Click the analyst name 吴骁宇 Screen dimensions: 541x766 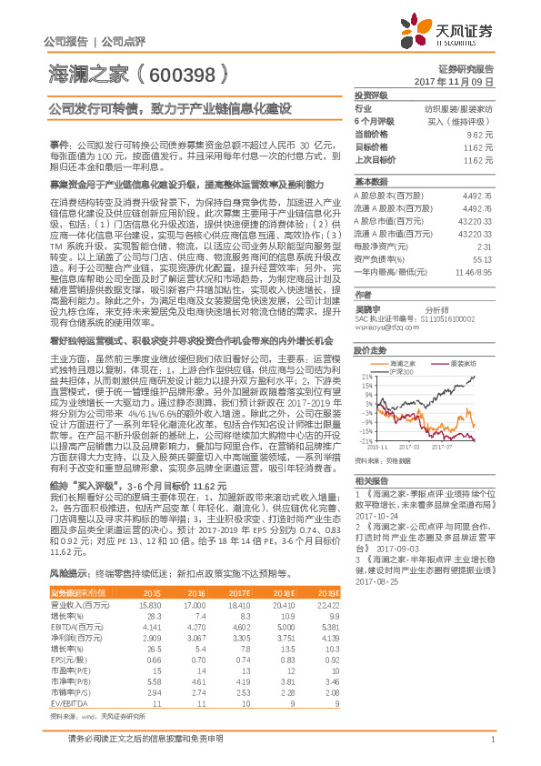(367, 307)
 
